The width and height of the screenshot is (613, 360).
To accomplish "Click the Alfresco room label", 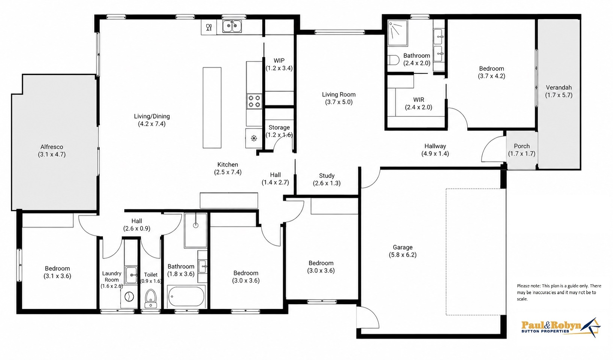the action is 52,147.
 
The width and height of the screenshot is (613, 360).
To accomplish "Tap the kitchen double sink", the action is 232,27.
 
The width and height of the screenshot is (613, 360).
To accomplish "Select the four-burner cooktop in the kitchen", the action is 254,101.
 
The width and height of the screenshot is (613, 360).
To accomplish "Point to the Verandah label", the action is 559,88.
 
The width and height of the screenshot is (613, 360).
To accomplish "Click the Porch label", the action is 522,146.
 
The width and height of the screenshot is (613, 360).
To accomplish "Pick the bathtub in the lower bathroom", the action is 186,296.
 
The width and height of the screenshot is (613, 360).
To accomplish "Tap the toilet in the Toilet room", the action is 151,299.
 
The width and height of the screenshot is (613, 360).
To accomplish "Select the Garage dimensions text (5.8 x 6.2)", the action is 403,255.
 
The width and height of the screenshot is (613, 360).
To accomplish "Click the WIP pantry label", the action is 279,61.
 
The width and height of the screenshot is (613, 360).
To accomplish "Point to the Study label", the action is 327,176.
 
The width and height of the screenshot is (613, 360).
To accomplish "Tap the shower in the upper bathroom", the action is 398,33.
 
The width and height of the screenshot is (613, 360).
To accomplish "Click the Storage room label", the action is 279,128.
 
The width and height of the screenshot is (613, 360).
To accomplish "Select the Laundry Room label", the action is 112,276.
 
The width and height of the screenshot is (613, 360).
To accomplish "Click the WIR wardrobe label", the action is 419,100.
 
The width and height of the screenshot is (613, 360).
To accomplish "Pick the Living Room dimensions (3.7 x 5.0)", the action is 339,102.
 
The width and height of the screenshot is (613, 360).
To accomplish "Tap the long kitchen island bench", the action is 212,108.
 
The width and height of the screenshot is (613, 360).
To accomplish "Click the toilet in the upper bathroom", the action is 394,60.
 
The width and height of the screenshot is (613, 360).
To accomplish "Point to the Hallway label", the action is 435,146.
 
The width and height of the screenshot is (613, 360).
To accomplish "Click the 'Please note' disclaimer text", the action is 559,292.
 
